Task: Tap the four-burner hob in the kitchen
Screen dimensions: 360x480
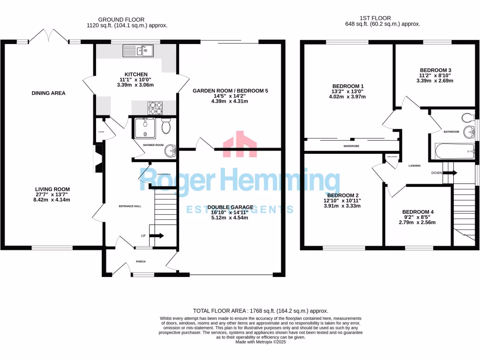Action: point(156,108)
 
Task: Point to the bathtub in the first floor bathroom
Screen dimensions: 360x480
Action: point(453,151)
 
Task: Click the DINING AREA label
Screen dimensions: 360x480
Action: point(48,93)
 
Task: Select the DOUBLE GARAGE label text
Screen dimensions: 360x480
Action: point(230,207)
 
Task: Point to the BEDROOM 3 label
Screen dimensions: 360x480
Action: point(435,70)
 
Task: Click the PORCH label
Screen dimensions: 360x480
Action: point(141,262)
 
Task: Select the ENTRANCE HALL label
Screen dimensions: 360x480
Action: point(129,206)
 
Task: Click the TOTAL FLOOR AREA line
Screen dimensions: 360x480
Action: point(261,311)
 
